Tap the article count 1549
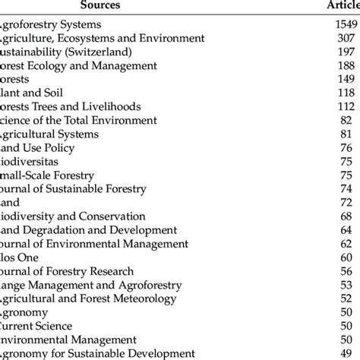[x=344, y=25]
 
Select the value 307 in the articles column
[x=346, y=38]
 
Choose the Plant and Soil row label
[x=34, y=93]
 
